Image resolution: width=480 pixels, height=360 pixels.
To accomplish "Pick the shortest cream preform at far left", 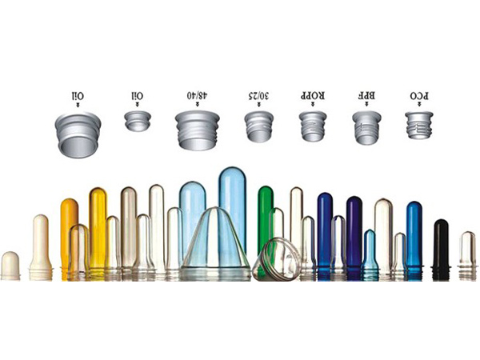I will point(10,266).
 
